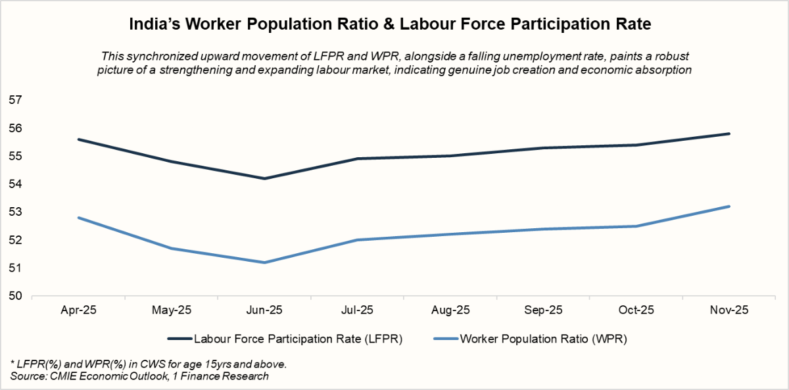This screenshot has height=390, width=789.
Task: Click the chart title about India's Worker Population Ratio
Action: [394, 24]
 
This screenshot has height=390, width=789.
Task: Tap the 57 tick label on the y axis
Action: [14, 100]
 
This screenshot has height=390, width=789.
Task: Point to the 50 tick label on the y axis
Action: [14, 296]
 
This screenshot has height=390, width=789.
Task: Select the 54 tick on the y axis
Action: [14, 184]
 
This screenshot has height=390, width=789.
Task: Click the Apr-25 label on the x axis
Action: [79, 310]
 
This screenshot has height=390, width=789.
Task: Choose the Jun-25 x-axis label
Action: [264, 310]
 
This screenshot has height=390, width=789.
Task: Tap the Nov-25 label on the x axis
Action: [729, 310]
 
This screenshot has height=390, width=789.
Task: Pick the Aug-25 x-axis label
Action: [450, 310]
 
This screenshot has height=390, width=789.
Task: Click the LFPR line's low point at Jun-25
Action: [264, 178]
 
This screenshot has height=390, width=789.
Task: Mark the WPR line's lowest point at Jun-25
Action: [264, 262]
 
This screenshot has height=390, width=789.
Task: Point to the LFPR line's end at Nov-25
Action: [729, 134]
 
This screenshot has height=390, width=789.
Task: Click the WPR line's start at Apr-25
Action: [79, 218]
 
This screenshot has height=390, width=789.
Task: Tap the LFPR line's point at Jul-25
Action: [358, 158]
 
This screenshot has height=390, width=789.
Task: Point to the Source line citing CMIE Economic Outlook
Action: [139, 376]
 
